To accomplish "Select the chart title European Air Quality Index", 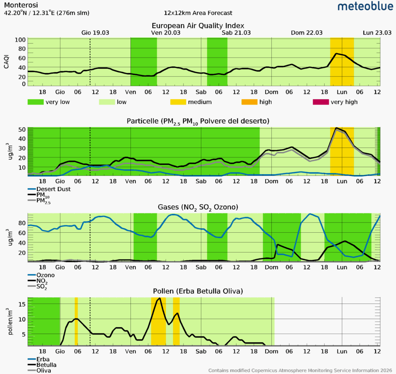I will coord(198,26).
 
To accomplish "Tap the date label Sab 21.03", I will coord(236,33).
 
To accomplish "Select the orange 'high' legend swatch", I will coord(252,102).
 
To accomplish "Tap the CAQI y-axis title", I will coord(7,62).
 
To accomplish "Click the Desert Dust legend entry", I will coord(54,189).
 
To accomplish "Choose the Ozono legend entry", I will coord(45,275).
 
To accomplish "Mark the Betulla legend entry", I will coord(46,365).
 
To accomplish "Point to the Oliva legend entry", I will coord(44,370).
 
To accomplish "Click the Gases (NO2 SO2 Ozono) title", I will coord(198,206).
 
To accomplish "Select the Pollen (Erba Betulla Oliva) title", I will coord(198,291).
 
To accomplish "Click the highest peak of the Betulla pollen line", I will coord(159,298).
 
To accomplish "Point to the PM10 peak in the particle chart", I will coord(337,128).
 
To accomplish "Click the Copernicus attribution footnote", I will coord(301,370).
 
